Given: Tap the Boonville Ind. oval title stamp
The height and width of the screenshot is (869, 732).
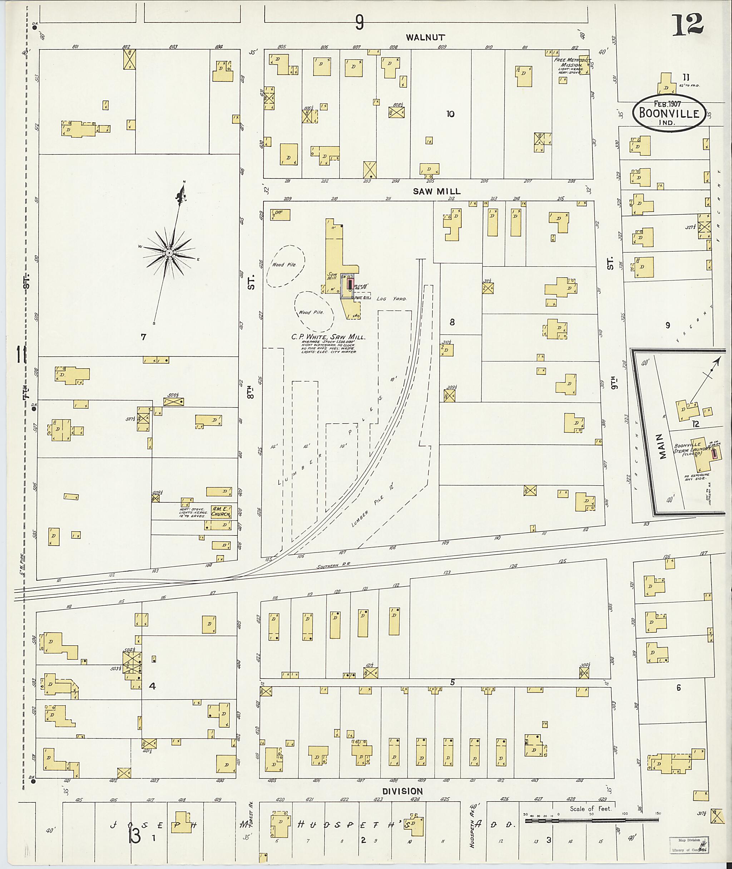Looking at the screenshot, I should pyautogui.click(x=668, y=113).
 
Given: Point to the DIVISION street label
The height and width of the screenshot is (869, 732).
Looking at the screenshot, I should pyautogui.click(x=402, y=791).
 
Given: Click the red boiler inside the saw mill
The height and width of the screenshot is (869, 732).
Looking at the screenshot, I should pyautogui.click(x=350, y=284).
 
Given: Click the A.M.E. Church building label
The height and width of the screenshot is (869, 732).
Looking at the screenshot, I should pyautogui.click(x=221, y=511).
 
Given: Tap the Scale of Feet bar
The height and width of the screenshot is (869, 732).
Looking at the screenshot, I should pyautogui.click(x=591, y=820).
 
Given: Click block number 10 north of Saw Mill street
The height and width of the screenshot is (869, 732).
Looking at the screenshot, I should pyautogui.click(x=450, y=114).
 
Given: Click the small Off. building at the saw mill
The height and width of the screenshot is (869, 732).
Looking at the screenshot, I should pyautogui.click(x=281, y=214).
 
